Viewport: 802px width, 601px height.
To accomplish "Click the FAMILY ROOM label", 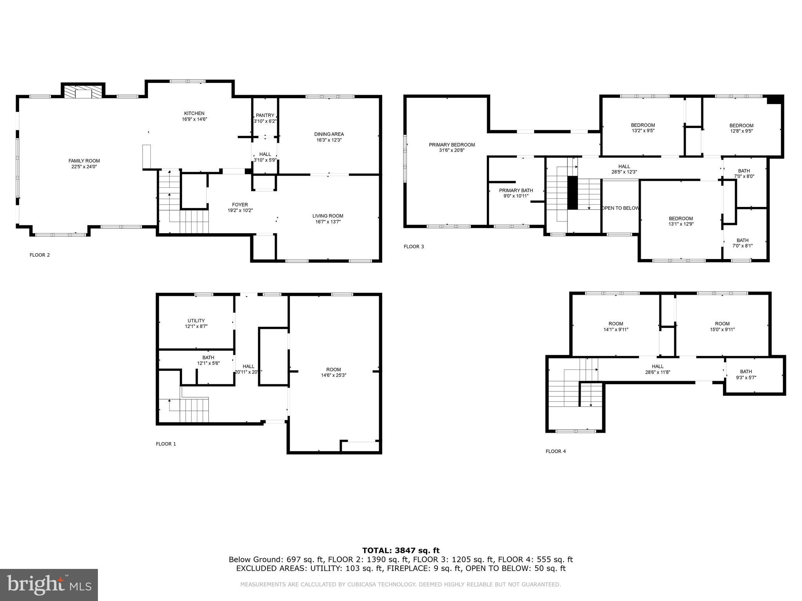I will [84, 161].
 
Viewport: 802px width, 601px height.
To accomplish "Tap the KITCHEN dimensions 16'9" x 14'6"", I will [194, 119].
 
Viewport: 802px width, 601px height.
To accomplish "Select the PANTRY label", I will [265, 115].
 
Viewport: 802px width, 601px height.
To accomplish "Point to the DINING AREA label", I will [329, 134].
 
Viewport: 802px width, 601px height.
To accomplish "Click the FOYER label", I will [240, 205].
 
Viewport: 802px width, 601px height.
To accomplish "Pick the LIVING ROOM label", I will [328, 216].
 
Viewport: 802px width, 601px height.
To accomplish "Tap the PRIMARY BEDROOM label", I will [452, 145].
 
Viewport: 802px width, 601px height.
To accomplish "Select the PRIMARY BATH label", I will [516, 191].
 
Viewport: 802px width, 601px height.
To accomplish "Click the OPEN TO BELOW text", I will [620, 208].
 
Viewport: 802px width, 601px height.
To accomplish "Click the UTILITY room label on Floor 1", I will [196, 321].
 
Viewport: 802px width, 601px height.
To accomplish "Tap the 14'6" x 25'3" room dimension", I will [334, 375].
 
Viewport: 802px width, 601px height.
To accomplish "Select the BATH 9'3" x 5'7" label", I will [746, 372].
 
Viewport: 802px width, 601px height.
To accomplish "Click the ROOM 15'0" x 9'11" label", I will [723, 324].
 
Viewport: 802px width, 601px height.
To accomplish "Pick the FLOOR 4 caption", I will [556, 451].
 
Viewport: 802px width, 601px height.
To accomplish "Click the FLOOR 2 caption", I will [40, 255].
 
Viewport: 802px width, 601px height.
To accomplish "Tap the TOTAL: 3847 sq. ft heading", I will [401, 551].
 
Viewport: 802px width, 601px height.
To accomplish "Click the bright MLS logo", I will [49, 585].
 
